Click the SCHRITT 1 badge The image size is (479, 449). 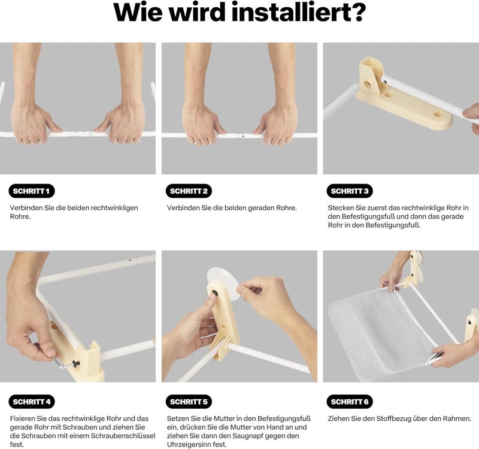pyautogui.click(x=32, y=191)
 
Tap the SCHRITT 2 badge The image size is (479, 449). pyautogui.click(x=189, y=191)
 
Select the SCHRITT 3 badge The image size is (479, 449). pyautogui.click(x=350, y=191)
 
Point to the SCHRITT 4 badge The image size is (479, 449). pyautogui.click(x=32, y=402)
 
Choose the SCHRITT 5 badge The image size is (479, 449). pyautogui.click(x=189, y=402)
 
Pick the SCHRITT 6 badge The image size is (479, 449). pyautogui.click(x=350, y=402)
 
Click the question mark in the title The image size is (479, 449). pyautogui.click(x=356, y=13)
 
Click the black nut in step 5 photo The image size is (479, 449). pyautogui.click(x=214, y=293)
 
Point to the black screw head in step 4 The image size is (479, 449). pyautogui.click(x=75, y=363)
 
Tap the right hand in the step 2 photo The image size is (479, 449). pyautogui.click(x=277, y=124)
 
